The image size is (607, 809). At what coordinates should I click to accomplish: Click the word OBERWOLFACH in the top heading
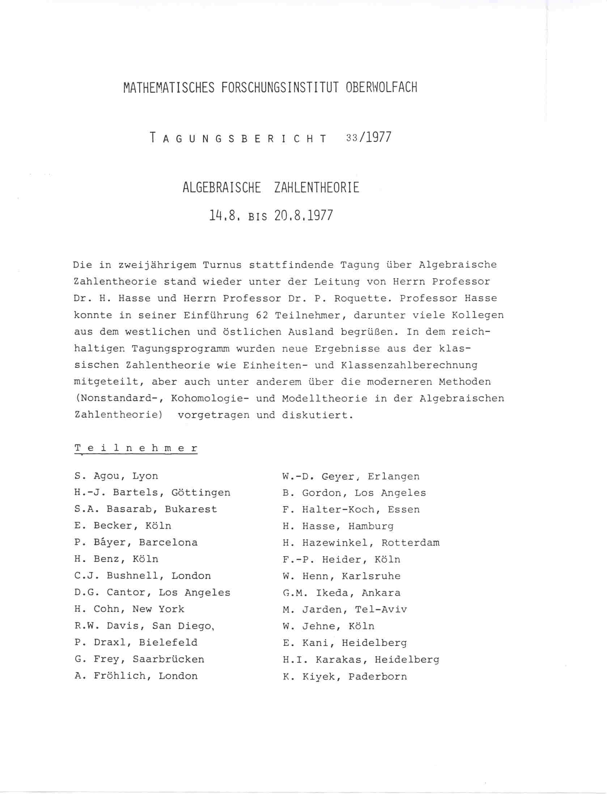click(x=381, y=88)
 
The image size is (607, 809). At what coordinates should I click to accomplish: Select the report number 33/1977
click(x=368, y=138)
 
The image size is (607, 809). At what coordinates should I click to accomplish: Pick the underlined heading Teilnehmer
click(x=136, y=448)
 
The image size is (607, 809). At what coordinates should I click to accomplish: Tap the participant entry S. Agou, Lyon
click(x=116, y=476)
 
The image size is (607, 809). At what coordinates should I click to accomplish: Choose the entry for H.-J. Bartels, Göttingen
click(x=152, y=492)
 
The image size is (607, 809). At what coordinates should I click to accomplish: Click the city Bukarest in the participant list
click(x=191, y=509)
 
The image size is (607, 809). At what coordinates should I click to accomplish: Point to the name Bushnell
click(x=133, y=576)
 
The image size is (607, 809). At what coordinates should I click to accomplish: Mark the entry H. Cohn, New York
click(x=130, y=609)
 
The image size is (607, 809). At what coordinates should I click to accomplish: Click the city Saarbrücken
click(x=168, y=659)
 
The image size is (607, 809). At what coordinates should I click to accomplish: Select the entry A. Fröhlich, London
click(x=136, y=676)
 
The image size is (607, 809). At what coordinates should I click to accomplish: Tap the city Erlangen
click(x=394, y=477)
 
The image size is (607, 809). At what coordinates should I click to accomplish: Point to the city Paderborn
click(x=378, y=676)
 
